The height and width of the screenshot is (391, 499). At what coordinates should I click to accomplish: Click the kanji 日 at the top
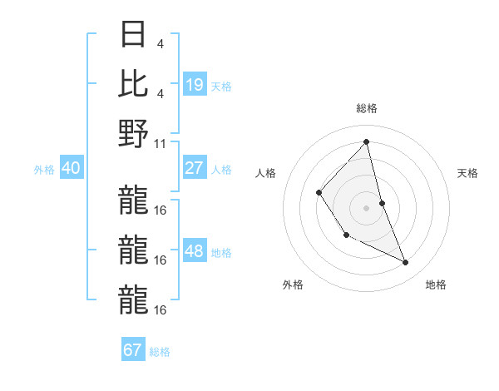(x=134, y=36)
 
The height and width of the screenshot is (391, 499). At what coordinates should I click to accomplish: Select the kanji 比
(x=134, y=84)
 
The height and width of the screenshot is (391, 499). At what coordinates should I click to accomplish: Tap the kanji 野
(x=134, y=132)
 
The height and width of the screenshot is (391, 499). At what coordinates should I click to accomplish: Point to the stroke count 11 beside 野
(x=161, y=143)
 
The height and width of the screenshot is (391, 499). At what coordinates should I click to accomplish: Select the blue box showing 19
(x=194, y=84)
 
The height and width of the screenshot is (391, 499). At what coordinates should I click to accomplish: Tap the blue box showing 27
(x=194, y=168)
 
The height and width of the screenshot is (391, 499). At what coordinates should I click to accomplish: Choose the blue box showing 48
(x=194, y=251)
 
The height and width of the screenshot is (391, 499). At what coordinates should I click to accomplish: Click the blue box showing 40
(x=71, y=168)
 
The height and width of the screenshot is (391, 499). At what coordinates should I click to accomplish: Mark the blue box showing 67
(x=133, y=350)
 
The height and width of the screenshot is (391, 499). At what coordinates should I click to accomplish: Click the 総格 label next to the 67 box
(x=160, y=352)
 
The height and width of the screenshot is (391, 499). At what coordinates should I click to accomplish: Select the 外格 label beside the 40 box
(x=44, y=170)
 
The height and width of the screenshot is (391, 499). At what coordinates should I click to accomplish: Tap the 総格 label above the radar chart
(x=367, y=108)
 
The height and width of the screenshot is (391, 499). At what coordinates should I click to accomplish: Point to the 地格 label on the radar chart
(x=436, y=285)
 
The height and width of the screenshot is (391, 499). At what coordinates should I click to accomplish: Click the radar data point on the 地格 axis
(x=406, y=263)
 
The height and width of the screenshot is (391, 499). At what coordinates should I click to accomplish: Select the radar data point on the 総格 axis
(x=367, y=142)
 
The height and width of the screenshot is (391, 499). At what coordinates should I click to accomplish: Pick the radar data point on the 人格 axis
(x=319, y=193)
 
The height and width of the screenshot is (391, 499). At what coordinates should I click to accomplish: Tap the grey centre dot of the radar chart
(x=367, y=208)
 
